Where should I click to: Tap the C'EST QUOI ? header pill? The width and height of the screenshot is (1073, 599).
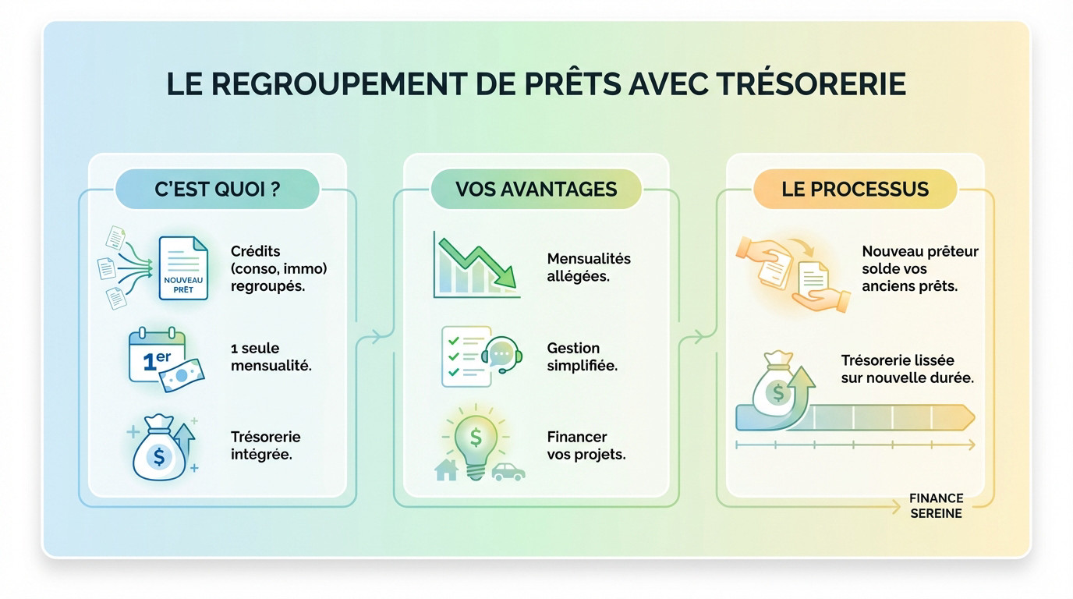[x=217, y=190]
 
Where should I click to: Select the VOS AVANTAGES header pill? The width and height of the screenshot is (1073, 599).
[x=536, y=190]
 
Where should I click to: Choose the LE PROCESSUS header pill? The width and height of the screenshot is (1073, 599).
[x=855, y=190]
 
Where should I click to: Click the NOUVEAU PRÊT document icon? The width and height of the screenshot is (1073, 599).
[x=183, y=268]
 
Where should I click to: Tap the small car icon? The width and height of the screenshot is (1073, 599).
[x=508, y=471]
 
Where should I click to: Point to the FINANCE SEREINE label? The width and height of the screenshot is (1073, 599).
[x=936, y=505]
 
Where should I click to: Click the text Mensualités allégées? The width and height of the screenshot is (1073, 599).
[x=589, y=268]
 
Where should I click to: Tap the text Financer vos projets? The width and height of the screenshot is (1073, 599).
[x=586, y=445]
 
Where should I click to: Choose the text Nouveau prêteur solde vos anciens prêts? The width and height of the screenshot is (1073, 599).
[x=919, y=268]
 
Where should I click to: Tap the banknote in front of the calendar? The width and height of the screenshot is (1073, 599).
[x=182, y=374]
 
